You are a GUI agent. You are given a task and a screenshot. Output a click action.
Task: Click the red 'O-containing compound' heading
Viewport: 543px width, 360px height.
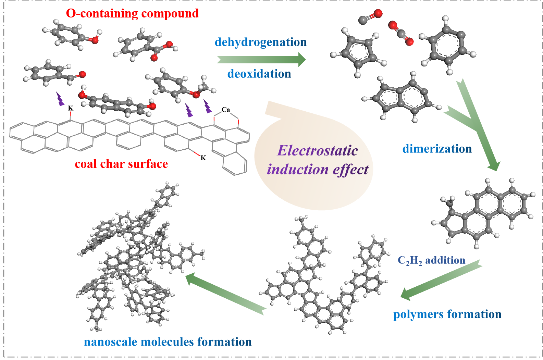(132, 13)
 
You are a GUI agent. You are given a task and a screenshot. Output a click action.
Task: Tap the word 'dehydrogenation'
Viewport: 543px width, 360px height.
(261, 42)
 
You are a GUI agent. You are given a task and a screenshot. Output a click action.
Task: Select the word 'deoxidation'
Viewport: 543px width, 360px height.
(259, 74)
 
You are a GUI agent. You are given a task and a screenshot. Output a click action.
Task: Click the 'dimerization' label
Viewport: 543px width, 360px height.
(437, 149)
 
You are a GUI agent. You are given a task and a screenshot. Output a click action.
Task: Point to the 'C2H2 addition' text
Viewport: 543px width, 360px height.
(431, 260)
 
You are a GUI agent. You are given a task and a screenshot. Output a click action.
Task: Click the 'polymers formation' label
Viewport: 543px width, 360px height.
(447, 314)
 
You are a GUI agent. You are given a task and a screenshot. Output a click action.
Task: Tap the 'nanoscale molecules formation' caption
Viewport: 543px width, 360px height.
(168, 342)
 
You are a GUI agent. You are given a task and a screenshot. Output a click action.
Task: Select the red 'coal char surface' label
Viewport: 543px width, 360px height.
(121, 164)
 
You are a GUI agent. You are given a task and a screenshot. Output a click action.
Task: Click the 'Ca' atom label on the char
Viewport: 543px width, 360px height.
(225, 110)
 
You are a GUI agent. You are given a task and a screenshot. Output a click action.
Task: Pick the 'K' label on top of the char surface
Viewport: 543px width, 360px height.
(71, 108)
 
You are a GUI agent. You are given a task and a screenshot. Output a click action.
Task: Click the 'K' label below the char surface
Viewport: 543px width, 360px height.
(203, 158)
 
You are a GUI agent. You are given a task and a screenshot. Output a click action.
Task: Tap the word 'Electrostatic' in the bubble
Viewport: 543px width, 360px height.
(318, 150)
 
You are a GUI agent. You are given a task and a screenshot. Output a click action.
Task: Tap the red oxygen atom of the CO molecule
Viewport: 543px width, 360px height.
(378, 14)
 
